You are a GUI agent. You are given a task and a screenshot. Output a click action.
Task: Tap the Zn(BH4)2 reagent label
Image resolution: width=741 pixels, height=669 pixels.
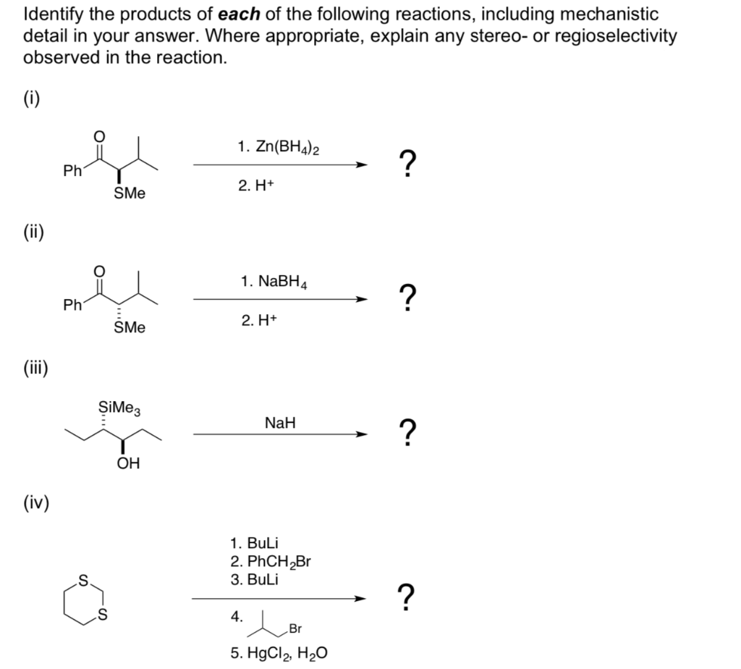point(279,148)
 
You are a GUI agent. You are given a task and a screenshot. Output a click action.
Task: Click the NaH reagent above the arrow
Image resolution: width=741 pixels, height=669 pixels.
point(280,421)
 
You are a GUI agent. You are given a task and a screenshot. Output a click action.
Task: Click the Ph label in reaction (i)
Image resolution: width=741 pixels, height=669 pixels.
point(72,171)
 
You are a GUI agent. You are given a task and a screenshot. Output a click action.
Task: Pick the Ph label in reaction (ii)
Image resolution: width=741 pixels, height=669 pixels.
point(72,306)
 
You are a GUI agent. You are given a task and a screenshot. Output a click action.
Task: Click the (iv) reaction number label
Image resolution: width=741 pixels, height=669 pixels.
point(36,501)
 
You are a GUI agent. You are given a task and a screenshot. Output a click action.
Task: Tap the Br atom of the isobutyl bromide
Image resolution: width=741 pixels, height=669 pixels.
point(295,628)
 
